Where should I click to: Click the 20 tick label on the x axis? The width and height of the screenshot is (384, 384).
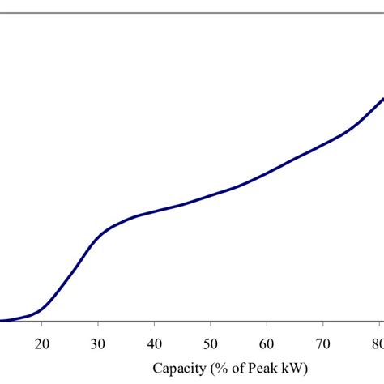pos(42,342)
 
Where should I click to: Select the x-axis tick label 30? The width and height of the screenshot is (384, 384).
pos(98,342)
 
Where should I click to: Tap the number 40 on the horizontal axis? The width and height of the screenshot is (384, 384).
pos(154,342)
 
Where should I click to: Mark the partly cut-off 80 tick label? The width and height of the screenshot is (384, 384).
pos(378,342)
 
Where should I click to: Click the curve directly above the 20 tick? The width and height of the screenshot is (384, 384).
pos(42,309)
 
